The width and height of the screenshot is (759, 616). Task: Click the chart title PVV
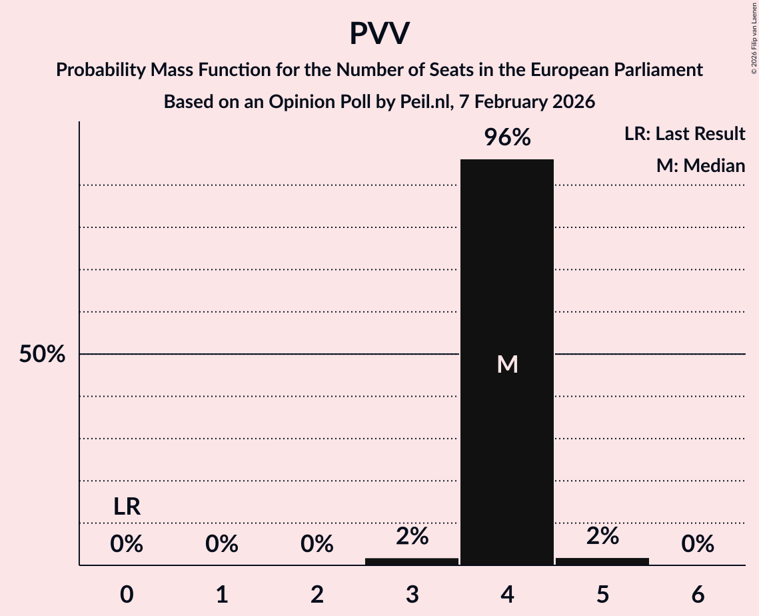[379, 34]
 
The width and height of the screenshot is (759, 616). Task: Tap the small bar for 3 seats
[412, 561]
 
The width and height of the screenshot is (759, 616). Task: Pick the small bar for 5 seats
[602, 561]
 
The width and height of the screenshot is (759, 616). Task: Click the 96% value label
[507, 138]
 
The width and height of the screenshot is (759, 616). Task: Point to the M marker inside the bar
[507, 364]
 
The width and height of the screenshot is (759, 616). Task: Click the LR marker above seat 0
[127, 507]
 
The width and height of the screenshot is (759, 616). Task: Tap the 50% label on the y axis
[42, 355]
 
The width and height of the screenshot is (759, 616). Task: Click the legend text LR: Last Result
[684, 134]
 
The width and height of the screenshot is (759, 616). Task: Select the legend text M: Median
[700, 166]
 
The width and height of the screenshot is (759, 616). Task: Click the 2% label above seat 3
[412, 536]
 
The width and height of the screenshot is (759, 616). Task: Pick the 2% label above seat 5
[602, 536]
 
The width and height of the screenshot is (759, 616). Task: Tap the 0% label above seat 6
[698, 545]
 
